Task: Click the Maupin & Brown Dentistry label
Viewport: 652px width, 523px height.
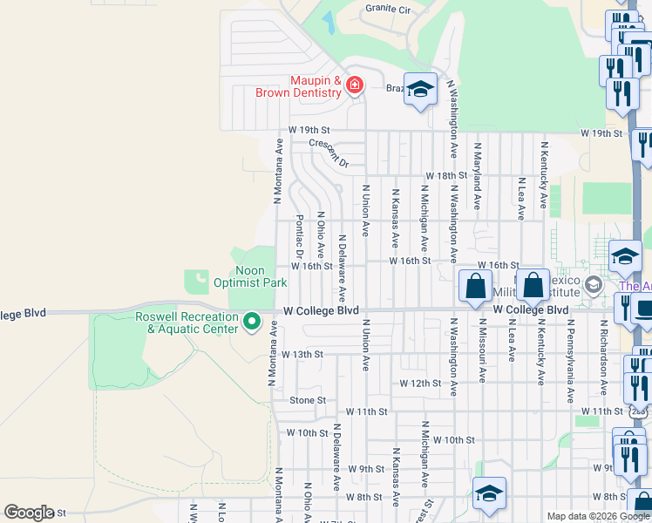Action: pyautogui.click(x=297, y=85)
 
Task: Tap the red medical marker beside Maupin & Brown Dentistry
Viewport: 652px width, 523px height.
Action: pyautogui.click(x=354, y=85)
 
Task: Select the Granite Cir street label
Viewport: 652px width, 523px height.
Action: pyautogui.click(x=388, y=8)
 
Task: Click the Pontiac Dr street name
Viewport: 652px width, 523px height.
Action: pyautogui.click(x=299, y=236)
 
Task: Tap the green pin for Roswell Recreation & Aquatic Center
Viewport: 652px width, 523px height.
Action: pyautogui.click(x=253, y=323)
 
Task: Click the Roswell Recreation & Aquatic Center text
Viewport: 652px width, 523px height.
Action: pyautogui.click(x=187, y=323)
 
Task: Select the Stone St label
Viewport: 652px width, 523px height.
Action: pyautogui.click(x=308, y=400)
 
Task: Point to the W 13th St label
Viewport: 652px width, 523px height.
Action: pyautogui.click(x=302, y=355)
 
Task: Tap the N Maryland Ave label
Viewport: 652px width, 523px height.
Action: pyautogui.click(x=478, y=177)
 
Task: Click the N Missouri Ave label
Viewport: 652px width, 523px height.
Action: pyautogui.click(x=481, y=350)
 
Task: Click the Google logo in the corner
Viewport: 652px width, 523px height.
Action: pyautogui.click(x=29, y=513)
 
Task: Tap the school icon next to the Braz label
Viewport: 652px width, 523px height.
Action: pyautogui.click(x=420, y=90)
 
